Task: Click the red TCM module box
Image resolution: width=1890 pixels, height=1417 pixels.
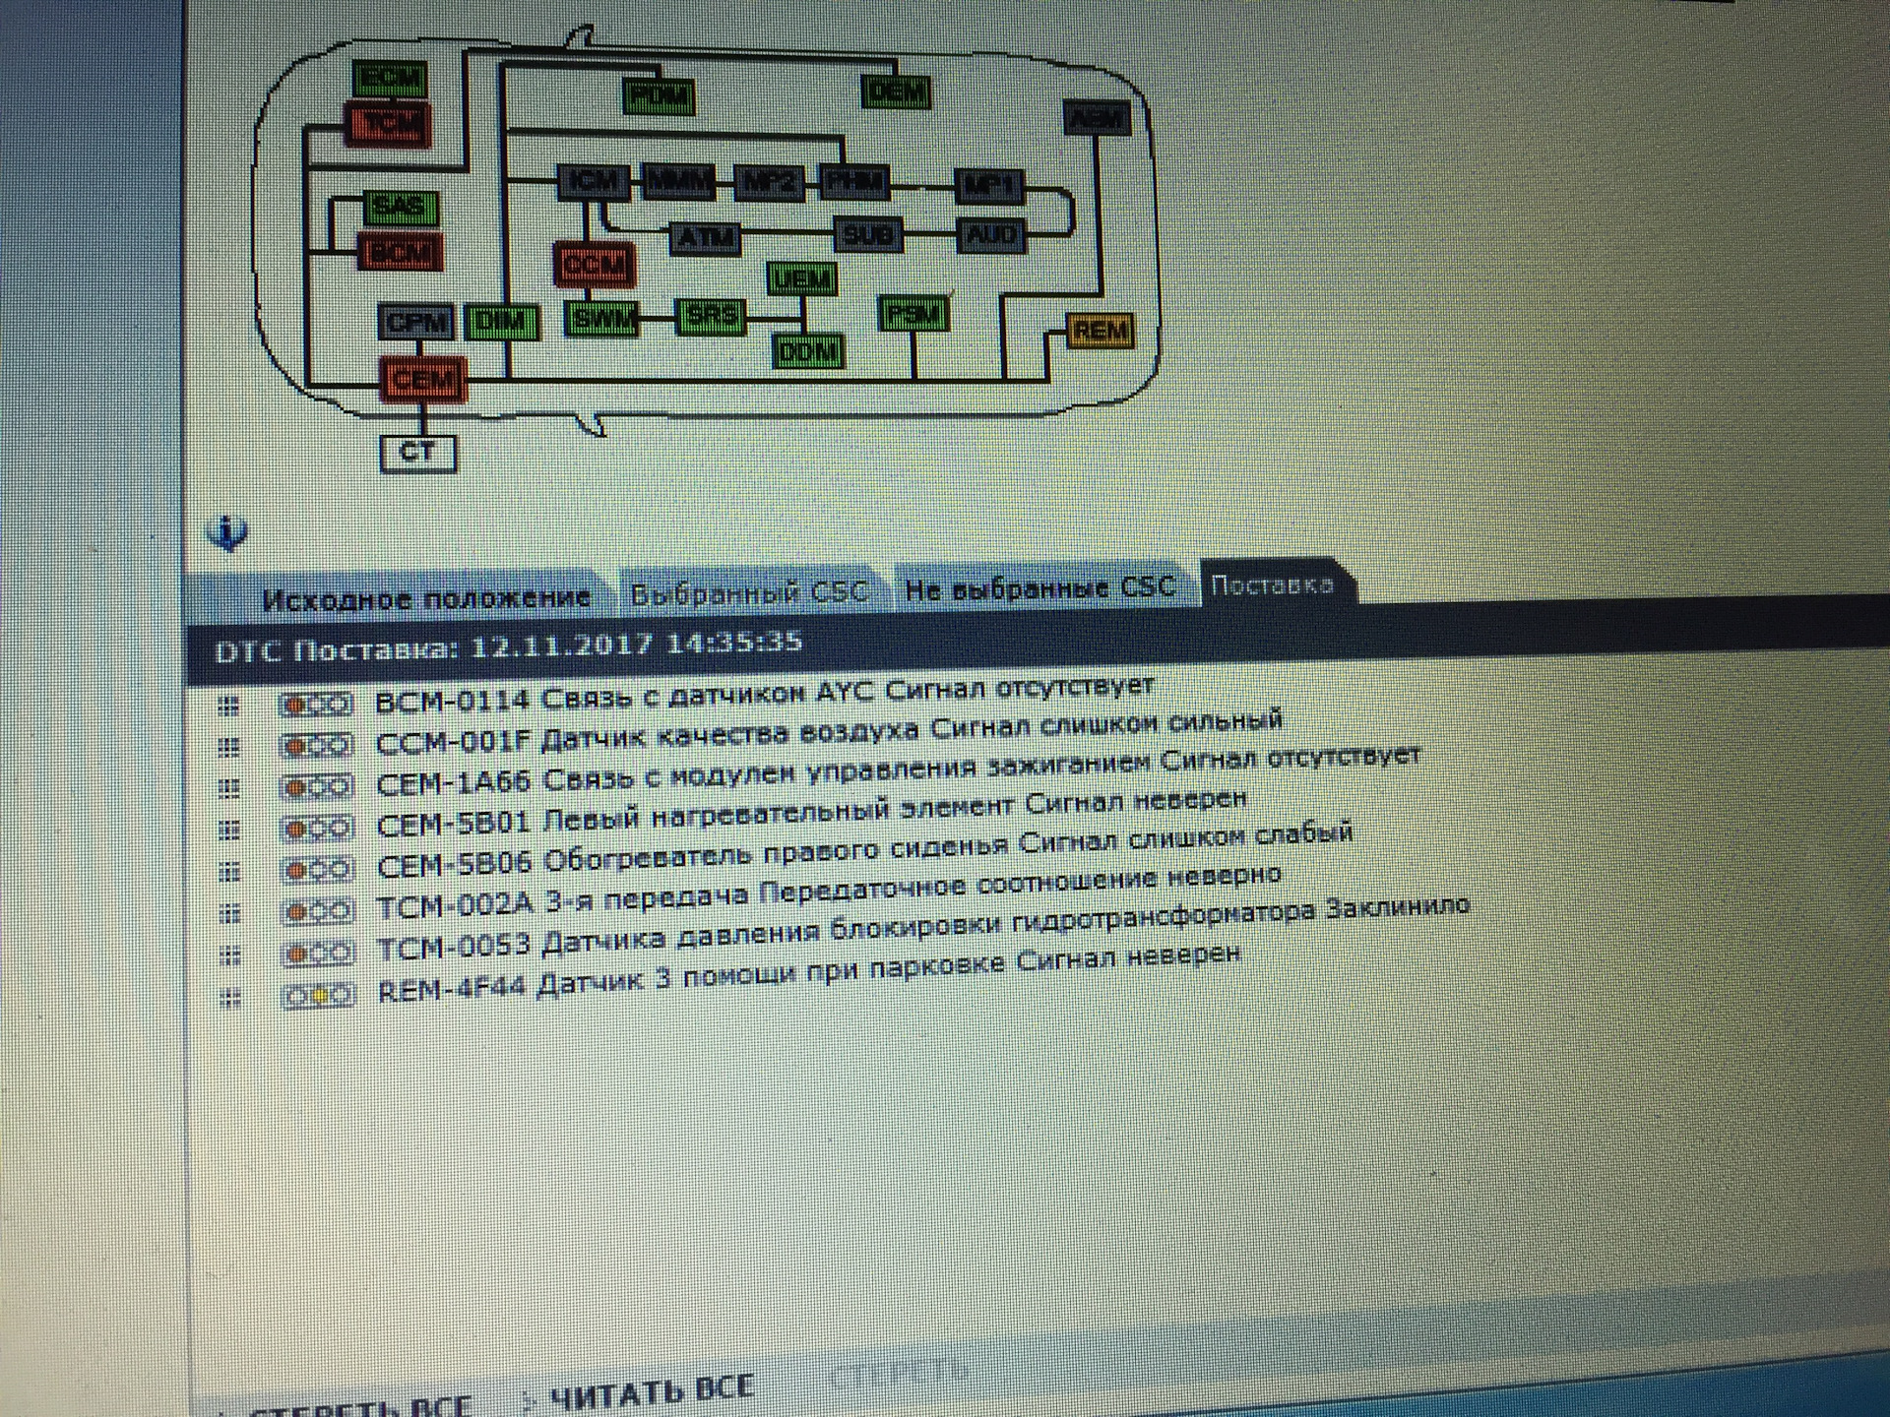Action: pos(388,125)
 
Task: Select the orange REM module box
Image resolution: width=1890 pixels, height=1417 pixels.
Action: pos(1100,332)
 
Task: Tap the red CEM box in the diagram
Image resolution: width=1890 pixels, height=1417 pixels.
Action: pos(423,380)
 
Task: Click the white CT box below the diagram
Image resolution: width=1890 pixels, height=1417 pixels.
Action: pos(417,453)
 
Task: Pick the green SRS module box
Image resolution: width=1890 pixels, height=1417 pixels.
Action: pos(710,316)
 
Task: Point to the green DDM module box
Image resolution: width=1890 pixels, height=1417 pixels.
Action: pos(807,351)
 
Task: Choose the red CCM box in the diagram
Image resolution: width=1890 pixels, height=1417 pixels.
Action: pos(594,264)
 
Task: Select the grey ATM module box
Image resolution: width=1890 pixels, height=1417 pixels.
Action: pos(705,237)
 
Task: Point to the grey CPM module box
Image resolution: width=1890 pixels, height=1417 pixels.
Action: pos(416,322)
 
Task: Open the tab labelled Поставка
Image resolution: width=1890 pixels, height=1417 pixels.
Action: pos(1273,585)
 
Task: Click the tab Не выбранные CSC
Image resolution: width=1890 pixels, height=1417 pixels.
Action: pos(1039,588)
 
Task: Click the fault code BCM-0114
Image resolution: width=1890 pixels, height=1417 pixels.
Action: pos(453,701)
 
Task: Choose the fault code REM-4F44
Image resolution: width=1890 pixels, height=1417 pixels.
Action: pos(454,990)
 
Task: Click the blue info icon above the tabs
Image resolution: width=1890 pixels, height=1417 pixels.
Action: pos(228,533)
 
